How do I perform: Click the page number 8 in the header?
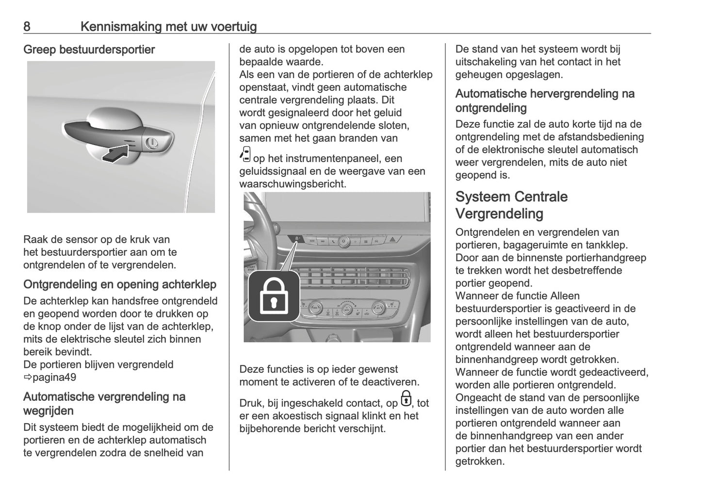tap(27, 26)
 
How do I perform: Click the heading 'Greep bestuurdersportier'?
tap(89, 49)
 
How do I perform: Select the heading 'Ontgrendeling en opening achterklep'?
tap(119, 284)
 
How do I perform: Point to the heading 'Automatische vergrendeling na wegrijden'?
tap(104, 403)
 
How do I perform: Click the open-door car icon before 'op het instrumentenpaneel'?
tap(245, 155)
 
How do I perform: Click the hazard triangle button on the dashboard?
tap(393, 240)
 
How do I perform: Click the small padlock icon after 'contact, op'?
tap(406, 399)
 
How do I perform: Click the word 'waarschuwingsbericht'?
tap(293, 184)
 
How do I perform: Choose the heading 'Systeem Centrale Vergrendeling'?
tap(511, 205)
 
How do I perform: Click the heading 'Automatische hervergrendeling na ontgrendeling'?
tap(544, 100)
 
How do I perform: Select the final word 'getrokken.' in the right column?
tap(480, 461)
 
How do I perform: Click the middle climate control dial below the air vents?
tap(346, 308)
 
